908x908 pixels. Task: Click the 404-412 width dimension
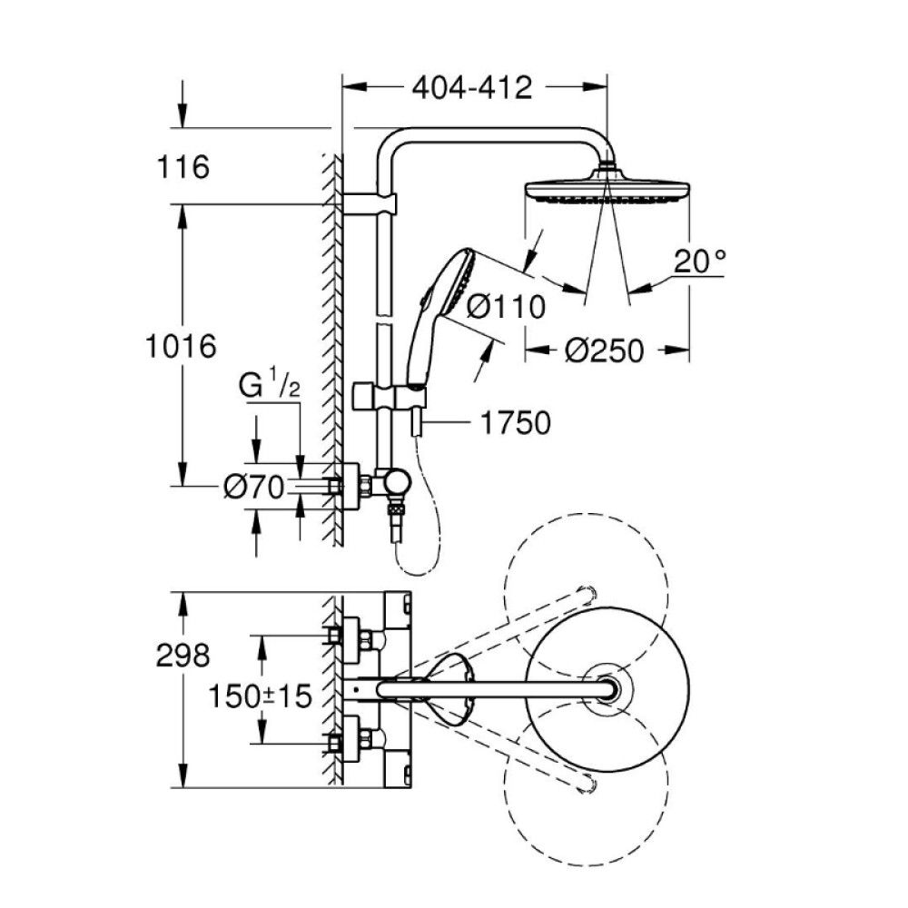(471, 88)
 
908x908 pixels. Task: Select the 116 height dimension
(183, 167)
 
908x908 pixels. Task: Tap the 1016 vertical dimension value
(182, 346)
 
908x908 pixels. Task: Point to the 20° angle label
(700, 261)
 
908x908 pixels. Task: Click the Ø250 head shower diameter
(605, 350)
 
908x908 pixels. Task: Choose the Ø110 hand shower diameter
(506, 306)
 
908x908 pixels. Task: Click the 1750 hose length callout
(516, 423)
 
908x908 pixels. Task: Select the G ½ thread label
(270, 386)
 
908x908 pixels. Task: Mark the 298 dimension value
(183, 656)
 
